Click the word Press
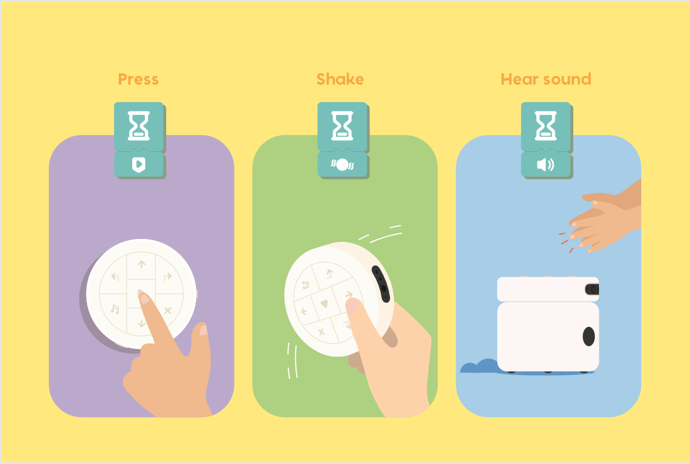pos(138,79)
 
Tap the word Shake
pos(340,79)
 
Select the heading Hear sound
pos(546,79)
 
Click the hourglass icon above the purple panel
pos(139,126)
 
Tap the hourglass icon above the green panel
pos(342,126)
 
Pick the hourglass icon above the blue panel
pos(546,126)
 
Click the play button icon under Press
pos(139,165)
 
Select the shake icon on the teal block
pos(342,165)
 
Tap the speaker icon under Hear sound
pos(546,165)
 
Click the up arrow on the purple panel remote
pos(141,264)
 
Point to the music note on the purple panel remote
pos(115,309)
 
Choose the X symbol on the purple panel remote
pos(168,310)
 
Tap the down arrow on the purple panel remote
pos(141,324)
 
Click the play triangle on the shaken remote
pos(324,303)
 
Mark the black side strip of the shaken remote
pos(381,284)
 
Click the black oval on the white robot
pos(589,336)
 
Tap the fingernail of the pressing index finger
pos(144,298)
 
